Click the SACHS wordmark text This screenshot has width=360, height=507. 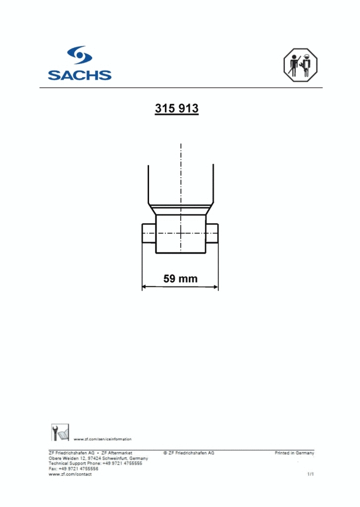pos(79,75)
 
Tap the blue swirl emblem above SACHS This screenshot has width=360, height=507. pos(79,55)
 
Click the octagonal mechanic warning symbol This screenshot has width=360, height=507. pos(300,65)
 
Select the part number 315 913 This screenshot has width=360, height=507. pos(177,108)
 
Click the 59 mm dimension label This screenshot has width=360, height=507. pos(180,279)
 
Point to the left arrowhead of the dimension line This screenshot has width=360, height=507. pos(145,286)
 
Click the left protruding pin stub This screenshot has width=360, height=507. pos(149,233)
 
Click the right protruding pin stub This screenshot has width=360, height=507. pos(212,233)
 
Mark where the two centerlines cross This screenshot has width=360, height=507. pos(181,233)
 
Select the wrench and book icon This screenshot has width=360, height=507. pos(60,432)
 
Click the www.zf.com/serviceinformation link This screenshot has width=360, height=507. pos(103,439)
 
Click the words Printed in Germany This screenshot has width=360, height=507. pos(294,453)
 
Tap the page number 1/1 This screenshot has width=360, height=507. pos(310,474)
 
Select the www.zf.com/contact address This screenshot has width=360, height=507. pos(70,474)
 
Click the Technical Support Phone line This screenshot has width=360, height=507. pos(95,463)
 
